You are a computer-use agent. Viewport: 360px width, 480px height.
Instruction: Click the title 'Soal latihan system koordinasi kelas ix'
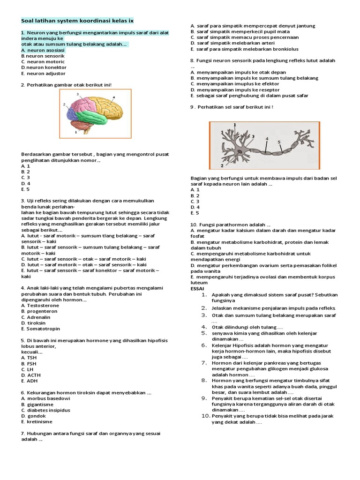pos(77,21)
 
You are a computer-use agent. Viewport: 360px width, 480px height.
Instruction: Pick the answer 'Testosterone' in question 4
pos(43,305)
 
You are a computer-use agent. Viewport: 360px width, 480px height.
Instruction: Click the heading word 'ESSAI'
pos(198,289)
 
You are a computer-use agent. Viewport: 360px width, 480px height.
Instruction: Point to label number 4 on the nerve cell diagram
pos(267,139)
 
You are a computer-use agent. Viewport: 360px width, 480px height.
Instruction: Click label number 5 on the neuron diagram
pos(279,141)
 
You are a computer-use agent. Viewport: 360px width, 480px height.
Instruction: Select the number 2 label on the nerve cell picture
pos(221,165)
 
